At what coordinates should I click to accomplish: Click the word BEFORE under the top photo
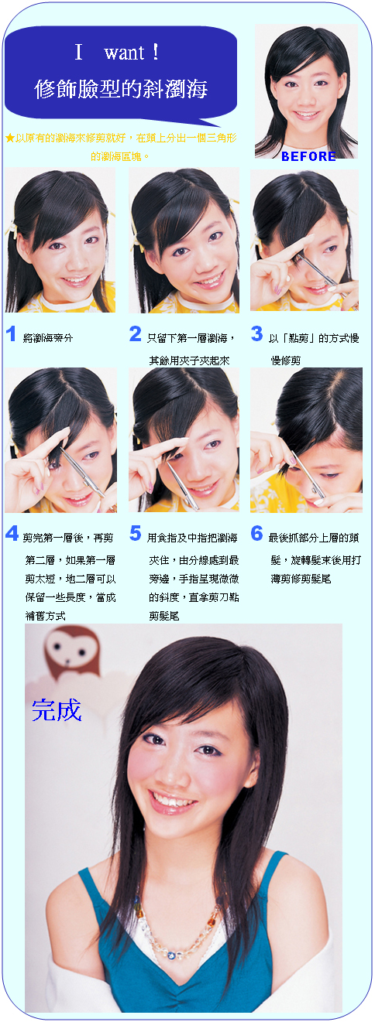[x=308, y=156]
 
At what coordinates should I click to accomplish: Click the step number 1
[x=11, y=334]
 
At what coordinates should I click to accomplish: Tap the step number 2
[x=135, y=334]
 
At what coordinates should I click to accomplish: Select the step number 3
[x=256, y=334]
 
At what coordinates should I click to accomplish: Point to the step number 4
[x=12, y=533]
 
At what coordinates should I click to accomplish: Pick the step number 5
[x=135, y=533]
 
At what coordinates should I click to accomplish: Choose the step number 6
[x=256, y=533]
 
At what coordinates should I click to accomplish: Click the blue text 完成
[x=57, y=709]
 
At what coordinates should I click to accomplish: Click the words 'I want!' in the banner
[x=118, y=53]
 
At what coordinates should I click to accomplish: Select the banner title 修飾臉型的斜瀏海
[x=121, y=89]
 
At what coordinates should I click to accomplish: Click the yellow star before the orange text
[x=9, y=138]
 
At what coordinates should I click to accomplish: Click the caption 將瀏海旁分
[x=48, y=338]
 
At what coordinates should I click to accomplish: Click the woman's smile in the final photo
[x=172, y=800]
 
